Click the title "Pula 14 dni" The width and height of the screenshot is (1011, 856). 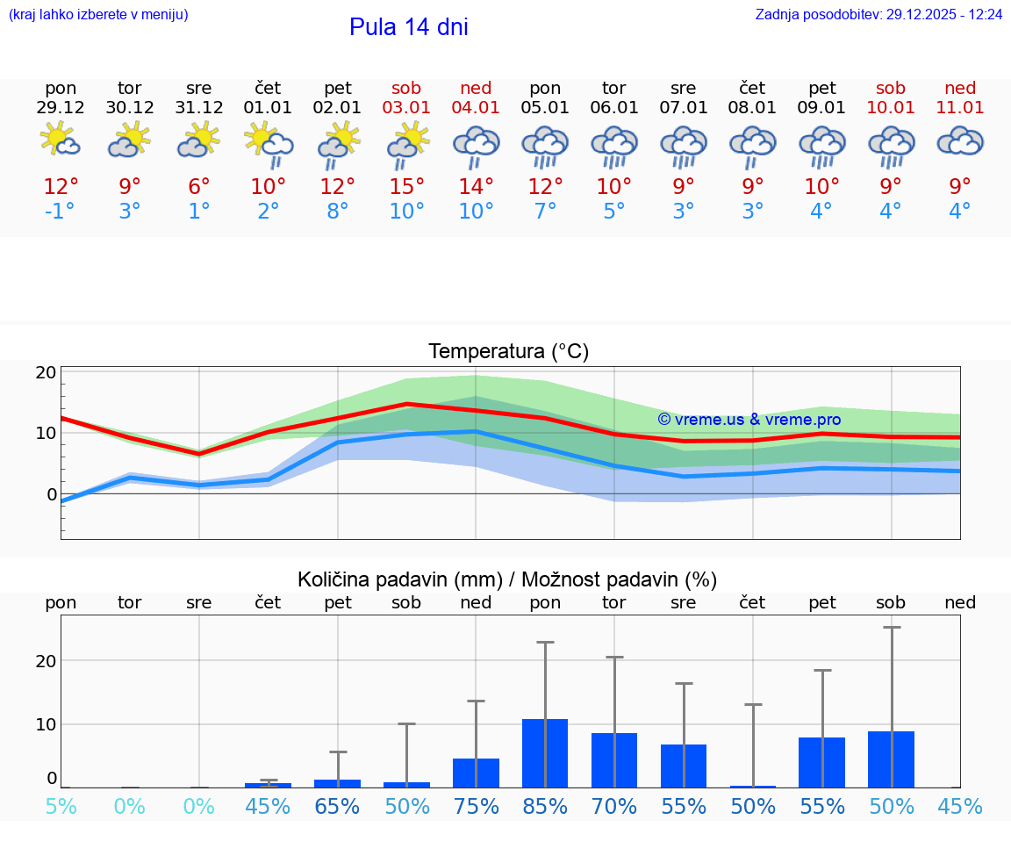(408, 27)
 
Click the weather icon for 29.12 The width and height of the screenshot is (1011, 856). (61, 140)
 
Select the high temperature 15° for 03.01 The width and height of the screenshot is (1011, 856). (407, 187)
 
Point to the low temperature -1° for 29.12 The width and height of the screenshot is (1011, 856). (61, 212)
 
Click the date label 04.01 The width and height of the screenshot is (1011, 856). (476, 108)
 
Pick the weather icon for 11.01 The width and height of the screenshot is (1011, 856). (960, 140)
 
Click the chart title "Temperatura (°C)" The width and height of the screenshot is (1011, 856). (508, 352)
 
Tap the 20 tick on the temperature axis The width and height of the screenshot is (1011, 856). (46, 372)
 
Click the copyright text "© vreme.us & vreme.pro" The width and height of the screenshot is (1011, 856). (749, 420)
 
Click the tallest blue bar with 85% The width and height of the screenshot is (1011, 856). (545, 753)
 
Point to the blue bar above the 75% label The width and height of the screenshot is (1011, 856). (476, 773)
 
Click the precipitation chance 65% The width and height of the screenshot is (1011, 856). (338, 806)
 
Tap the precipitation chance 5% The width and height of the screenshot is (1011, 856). (61, 806)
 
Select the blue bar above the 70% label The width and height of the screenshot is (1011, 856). (614, 760)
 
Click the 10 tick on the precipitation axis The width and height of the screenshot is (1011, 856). (46, 724)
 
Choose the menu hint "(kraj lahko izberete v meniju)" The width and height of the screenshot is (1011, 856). (98, 15)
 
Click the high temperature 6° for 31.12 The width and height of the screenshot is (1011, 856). (199, 187)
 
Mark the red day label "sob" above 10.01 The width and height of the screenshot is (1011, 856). (891, 88)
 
